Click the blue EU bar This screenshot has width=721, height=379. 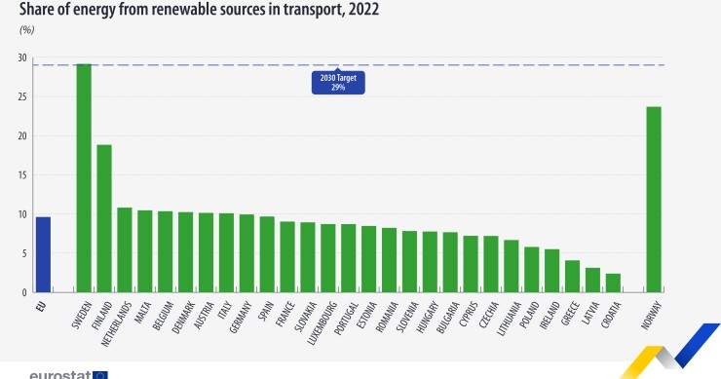click(43, 254)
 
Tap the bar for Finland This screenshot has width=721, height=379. click(104, 218)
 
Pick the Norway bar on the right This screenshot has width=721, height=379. click(653, 199)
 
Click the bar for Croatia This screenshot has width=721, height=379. click(613, 283)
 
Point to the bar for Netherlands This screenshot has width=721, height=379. click(125, 249)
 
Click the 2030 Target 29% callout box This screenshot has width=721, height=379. click(338, 82)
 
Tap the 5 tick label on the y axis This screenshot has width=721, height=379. click(24, 253)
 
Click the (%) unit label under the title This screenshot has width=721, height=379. click(26, 30)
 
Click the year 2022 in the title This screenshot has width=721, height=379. click(359, 10)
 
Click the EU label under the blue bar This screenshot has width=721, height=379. click(42, 305)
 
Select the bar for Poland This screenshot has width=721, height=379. click(531, 269)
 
